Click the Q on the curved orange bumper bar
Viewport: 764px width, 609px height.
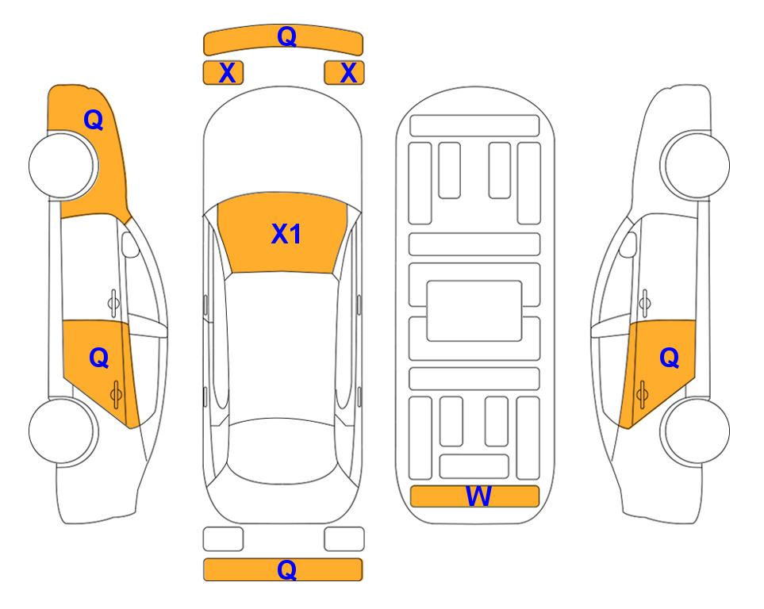point(287,36)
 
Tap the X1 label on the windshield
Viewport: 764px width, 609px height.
point(286,234)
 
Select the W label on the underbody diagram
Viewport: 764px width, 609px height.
point(478,496)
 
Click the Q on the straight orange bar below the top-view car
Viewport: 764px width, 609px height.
point(287,569)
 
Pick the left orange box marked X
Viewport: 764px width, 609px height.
point(223,73)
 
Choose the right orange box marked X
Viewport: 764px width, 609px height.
point(344,73)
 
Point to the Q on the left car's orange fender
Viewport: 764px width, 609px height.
point(94,120)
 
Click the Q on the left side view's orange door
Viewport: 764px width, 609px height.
point(99,358)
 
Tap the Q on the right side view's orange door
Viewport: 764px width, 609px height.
point(670,358)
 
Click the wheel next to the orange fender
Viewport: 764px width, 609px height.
point(63,165)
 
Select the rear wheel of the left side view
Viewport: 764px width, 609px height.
point(63,431)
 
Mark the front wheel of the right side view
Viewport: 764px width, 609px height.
point(695,165)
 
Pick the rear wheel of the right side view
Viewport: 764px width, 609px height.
point(695,431)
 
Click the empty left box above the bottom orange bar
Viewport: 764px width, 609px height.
point(223,539)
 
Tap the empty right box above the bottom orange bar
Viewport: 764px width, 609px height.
point(344,539)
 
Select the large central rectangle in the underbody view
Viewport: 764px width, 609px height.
point(474,311)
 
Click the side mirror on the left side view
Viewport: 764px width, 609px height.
point(130,244)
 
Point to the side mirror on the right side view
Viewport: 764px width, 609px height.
point(628,244)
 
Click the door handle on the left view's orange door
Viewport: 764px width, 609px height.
point(116,394)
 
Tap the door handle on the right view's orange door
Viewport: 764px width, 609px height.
point(642,394)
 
